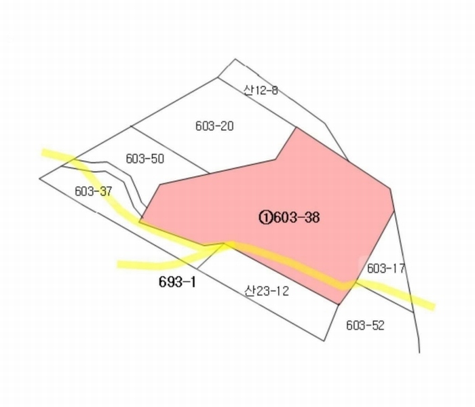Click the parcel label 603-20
214,126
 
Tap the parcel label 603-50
145,159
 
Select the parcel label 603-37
94,191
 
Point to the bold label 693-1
177,282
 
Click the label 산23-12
267,291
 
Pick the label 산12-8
261,90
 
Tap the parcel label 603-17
386,269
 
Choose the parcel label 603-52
365,325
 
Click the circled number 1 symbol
266,218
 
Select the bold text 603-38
297,218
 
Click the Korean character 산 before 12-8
248,90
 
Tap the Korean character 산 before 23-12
249,291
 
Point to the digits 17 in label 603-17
398,269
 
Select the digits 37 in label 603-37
105,191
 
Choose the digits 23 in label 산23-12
261,291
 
